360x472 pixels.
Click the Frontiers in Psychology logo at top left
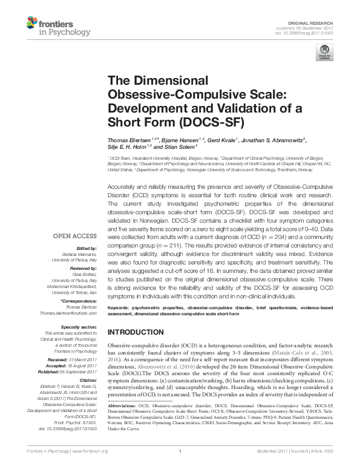(x=45, y=25)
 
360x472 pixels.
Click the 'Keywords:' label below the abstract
(x=119, y=307)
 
